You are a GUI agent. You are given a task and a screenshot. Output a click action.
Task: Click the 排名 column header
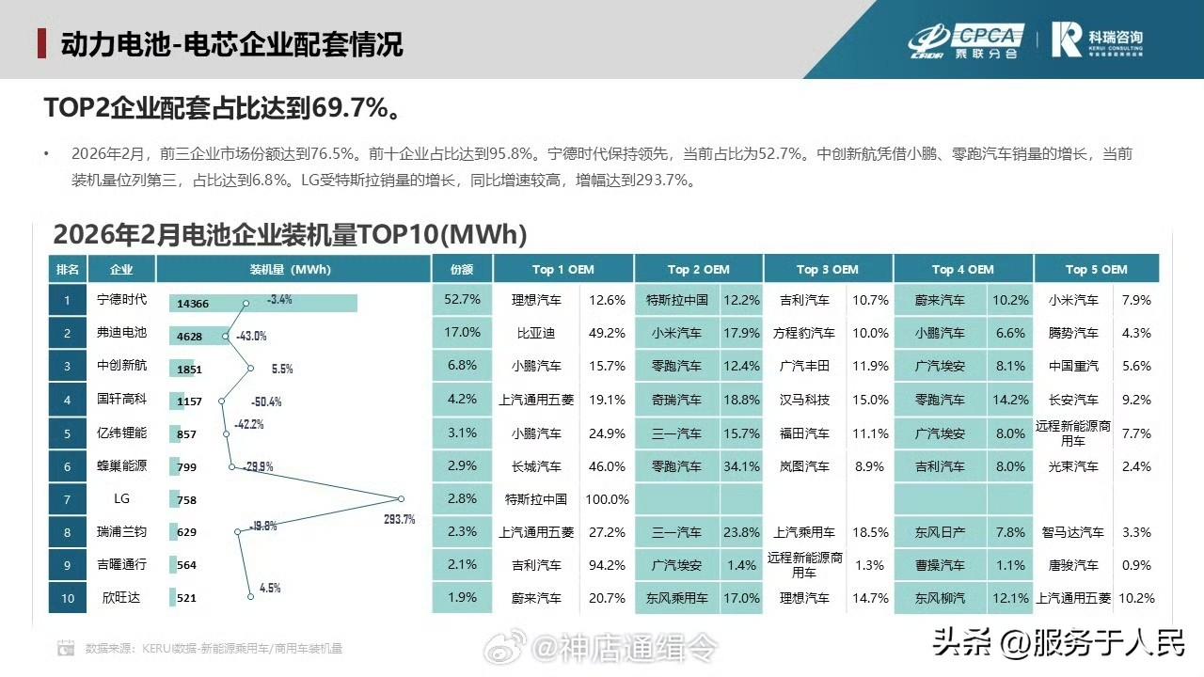[68, 269]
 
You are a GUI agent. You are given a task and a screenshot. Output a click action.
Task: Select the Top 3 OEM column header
[828, 269]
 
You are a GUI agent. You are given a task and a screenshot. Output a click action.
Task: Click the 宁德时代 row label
[122, 301]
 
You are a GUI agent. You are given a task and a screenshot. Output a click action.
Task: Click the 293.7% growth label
[399, 519]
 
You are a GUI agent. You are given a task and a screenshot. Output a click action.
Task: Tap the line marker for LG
[402, 499]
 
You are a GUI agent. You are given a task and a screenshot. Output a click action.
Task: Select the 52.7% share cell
[462, 300]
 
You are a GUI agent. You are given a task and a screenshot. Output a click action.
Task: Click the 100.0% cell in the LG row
[607, 499]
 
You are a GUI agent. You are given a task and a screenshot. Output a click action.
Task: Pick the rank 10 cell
[68, 598]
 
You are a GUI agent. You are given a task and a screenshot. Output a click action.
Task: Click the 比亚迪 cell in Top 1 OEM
[536, 333]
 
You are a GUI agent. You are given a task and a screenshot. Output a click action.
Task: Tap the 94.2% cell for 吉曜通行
[607, 565]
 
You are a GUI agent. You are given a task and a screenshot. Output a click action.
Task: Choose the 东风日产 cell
[940, 532]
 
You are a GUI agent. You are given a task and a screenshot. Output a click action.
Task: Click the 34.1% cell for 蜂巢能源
[741, 466]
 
